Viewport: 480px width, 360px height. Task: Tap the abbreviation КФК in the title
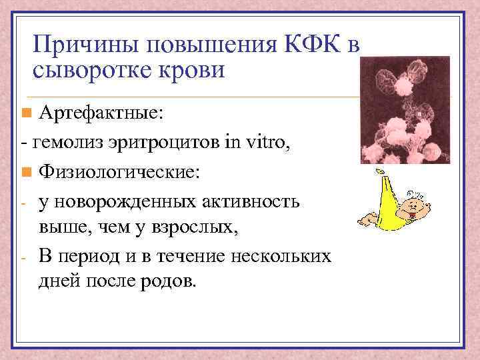312,46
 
